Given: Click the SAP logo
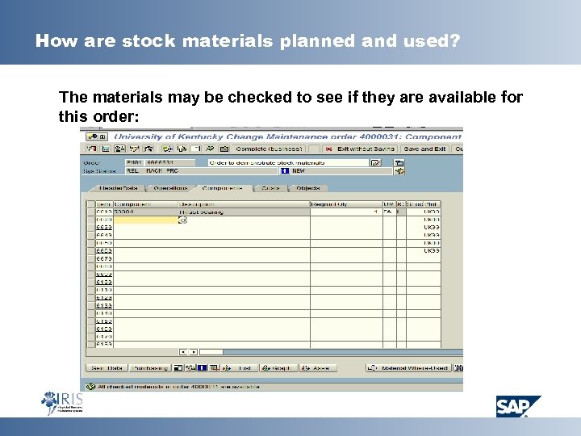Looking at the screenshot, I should pyautogui.click(x=518, y=406).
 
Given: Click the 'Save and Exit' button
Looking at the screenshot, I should pyautogui.click(x=425, y=149).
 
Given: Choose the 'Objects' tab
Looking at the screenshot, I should pyautogui.click(x=307, y=188).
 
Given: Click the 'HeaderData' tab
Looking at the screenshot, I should pyautogui.click(x=118, y=188).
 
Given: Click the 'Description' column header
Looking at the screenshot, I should pyautogui.click(x=198, y=203).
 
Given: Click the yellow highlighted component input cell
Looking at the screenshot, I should pyautogui.click(x=145, y=220).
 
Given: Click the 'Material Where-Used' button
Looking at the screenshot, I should pyautogui.click(x=412, y=367).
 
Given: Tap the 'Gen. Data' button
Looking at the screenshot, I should pyautogui.click(x=107, y=367).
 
